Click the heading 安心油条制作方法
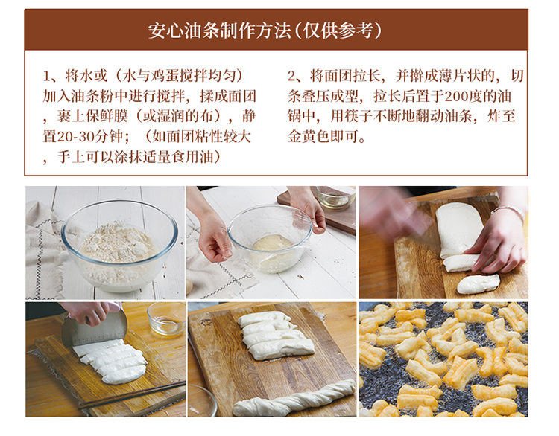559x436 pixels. click(x=220, y=31)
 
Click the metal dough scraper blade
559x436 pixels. click(x=94, y=329)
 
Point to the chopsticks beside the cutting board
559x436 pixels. click(x=133, y=395)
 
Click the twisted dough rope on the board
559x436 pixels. click(x=294, y=397)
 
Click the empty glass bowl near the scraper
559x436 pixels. click(x=166, y=318)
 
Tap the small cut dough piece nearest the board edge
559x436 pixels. click(x=479, y=283)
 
